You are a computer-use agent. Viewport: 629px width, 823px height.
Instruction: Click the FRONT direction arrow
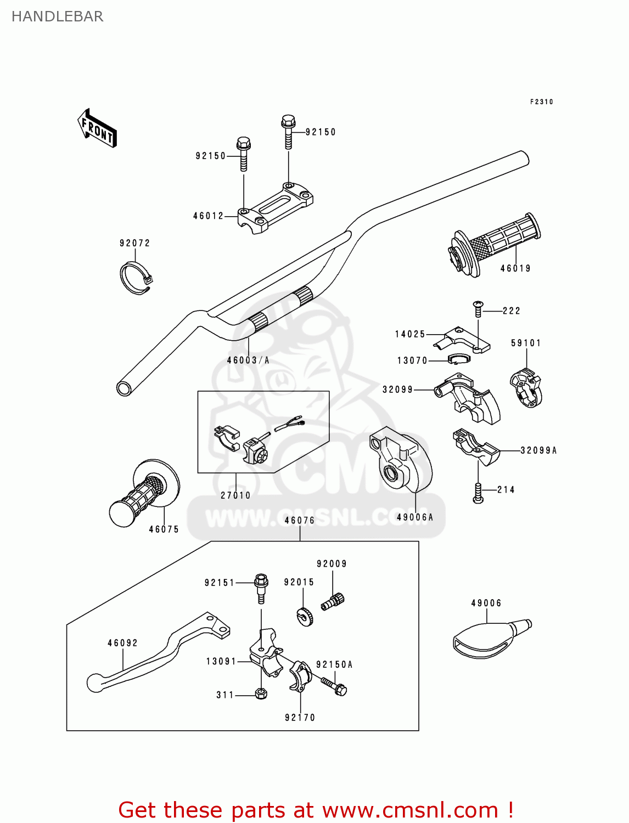97,128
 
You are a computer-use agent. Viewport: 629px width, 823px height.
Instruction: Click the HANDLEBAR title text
57,16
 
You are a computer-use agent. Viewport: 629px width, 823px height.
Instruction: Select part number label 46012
209,216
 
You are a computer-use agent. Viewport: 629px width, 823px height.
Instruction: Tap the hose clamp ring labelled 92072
135,278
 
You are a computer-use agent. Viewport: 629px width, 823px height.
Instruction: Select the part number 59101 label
526,343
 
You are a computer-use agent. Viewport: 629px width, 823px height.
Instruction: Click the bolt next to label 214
478,493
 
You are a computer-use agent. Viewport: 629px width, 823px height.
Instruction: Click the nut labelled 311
261,694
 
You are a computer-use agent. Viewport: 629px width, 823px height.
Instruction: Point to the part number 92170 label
300,717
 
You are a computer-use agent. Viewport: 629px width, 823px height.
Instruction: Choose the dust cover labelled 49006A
401,461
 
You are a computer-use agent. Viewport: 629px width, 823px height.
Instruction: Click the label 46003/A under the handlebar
248,360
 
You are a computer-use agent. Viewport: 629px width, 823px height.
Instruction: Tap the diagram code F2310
541,102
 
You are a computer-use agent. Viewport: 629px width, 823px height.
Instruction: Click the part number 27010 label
235,495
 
